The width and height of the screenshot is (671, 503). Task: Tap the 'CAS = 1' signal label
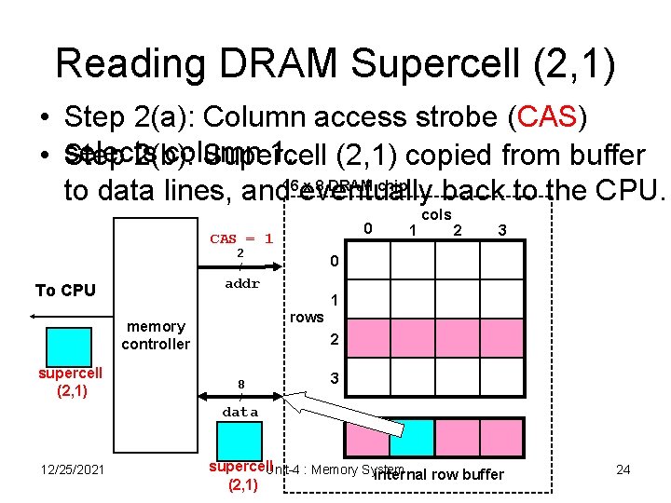coord(240,238)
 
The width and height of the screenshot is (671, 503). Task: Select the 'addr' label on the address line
coord(242,284)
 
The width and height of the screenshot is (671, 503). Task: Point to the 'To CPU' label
coord(65,291)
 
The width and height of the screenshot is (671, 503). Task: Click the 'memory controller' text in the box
coord(156,335)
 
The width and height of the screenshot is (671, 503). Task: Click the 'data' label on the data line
coord(240,411)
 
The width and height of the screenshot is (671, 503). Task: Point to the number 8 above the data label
coord(240,383)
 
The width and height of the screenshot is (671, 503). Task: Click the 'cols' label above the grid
coord(436,214)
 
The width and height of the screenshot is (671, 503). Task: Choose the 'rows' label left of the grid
coord(307,317)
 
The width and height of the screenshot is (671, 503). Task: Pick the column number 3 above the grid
coord(502,229)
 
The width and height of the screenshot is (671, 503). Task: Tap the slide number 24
coord(623,469)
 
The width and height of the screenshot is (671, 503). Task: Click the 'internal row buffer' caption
coord(438,475)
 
